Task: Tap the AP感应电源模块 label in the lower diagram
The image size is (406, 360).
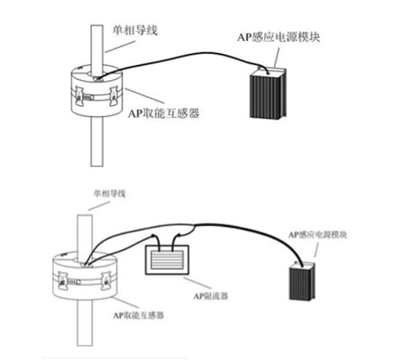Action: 315,234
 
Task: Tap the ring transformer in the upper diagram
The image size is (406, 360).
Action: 95,93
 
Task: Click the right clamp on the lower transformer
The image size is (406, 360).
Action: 104,282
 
